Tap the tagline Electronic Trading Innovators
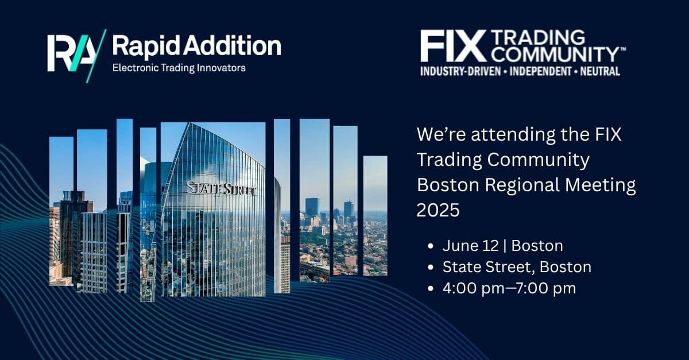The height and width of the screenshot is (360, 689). tap(179, 68)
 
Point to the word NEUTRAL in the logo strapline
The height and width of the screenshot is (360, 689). tap(600, 71)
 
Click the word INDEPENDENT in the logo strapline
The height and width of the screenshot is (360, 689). tap(540, 71)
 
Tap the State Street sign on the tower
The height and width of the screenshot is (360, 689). tap(221, 188)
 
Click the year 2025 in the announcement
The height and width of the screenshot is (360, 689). tap(438, 210)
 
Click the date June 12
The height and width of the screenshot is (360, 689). tap(470, 246)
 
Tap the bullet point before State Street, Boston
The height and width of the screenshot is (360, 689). tap(431, 267)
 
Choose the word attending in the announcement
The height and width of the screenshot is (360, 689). tap(513, 135)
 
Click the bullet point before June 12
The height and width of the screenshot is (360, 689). tap(431, 246)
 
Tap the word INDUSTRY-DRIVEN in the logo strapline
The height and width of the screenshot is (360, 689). tap(460, 71)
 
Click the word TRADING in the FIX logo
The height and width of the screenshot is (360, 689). tap(538, 37)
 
